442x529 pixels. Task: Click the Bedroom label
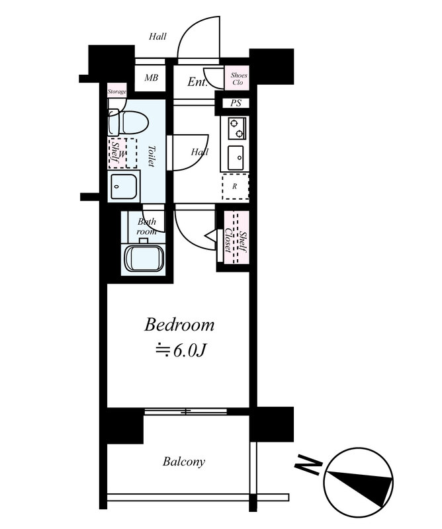pyautogui.click(x=179, y=325)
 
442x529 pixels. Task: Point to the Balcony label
pyautogui.click(x=184, y=462)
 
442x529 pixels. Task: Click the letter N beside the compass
pyautogui.click(x=307, y=466)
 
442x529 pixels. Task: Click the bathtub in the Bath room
pyautogui.click(x=144, y=258)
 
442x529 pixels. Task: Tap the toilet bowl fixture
pyautogui.click(x=128, y=122)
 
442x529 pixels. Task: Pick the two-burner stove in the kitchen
pyautogui.click(x=237, y=128)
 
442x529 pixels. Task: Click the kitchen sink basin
pyautogui.click(x=236, y=157)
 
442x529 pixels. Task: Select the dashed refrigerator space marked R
pyautogui.click(x=236, y=186)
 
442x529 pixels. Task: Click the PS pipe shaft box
pyautogui.click(x=236, y=103)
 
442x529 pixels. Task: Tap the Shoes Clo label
pyautogui.click(x=238, y=79)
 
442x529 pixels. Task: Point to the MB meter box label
pyautogui.click(x=151, y=77)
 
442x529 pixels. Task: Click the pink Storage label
pyautogui.click(x=117, y=91)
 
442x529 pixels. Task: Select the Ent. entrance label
pyautogui.click(x=197, y=81)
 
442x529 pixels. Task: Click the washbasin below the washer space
pyautogui.click(x=124, y=186)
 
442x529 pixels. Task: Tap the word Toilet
pyautogui.click(x=151, y=156)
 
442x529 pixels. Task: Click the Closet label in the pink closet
pyautogui.click(x=228, y=241)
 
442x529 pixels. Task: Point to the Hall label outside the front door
pyautogui.click(x=157, y=36)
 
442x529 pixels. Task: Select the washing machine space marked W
pyautogui.click(x=122, y=153)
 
